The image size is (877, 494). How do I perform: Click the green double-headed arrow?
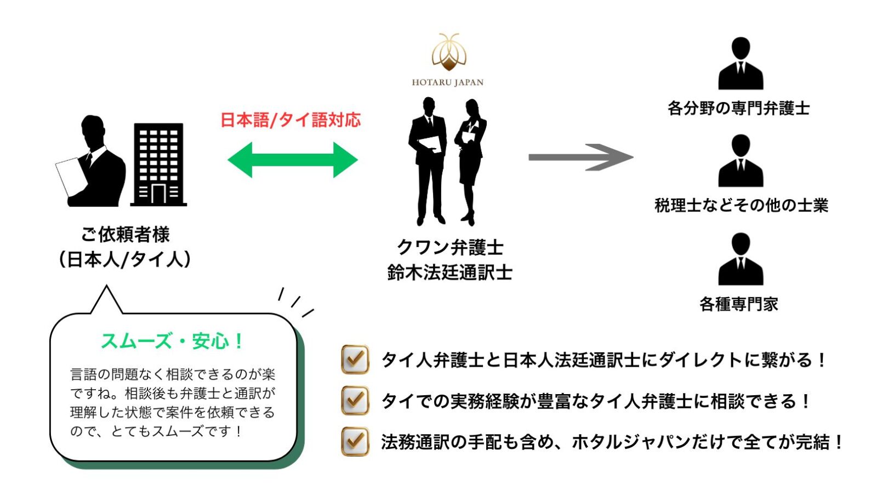(x=292, y=160)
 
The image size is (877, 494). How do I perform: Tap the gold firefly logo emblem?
(x=448, y=53)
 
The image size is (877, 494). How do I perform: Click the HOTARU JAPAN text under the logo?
(x=448, y=82)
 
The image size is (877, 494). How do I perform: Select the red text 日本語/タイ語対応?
(x=291, y=120)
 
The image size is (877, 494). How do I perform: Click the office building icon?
(x=158, y=165)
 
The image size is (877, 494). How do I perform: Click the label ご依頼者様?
(x=126, y=234)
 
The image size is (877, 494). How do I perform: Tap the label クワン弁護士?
(x=449, y=247)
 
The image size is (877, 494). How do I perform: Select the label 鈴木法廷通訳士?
(x=449, y=272)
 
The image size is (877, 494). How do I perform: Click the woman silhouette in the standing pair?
(x=470, y=159)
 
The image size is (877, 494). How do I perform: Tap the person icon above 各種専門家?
(x=741, y=259)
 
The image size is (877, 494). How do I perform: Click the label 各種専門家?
(x=739, y=304)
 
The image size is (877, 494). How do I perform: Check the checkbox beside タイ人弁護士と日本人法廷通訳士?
(x=355, y=360)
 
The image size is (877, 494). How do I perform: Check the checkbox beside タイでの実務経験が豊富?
(x=355, y=400)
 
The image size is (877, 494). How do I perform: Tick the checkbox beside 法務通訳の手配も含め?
(x=355, y=441)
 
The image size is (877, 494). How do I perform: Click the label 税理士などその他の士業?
(x=741, y=205)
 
